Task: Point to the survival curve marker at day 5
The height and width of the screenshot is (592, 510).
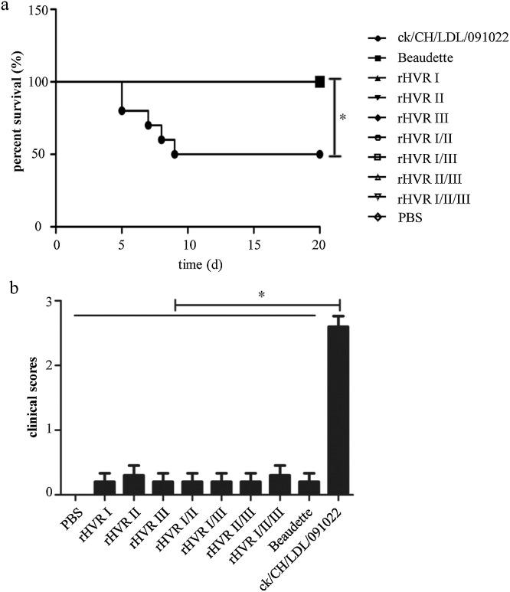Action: (122, 110)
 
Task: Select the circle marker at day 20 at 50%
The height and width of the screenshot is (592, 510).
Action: (320, 154)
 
